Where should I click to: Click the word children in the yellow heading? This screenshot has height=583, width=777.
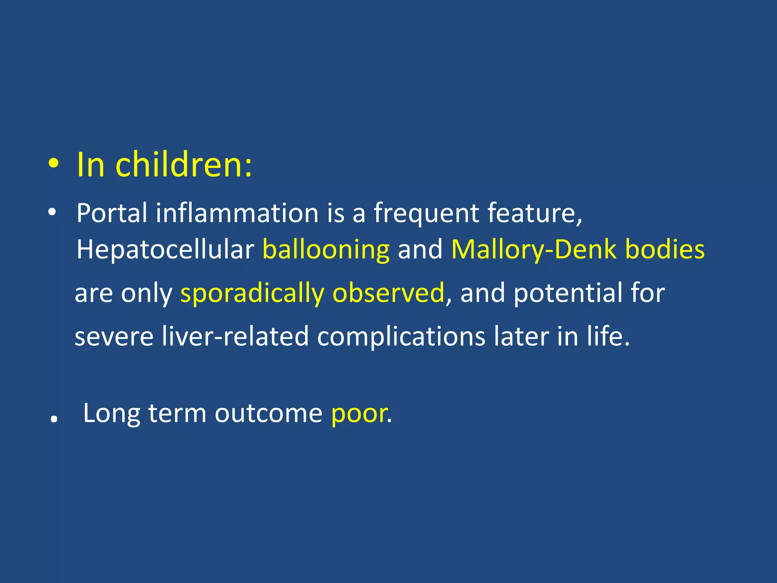183,165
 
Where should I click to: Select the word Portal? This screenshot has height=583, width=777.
112,213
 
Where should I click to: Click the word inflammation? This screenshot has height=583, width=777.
237,213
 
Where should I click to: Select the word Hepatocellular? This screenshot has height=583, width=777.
165,250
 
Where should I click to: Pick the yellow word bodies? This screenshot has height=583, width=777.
665,250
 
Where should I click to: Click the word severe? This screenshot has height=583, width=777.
114,337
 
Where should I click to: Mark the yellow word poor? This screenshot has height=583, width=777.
359,414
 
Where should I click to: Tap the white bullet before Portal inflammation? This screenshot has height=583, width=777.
52,213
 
